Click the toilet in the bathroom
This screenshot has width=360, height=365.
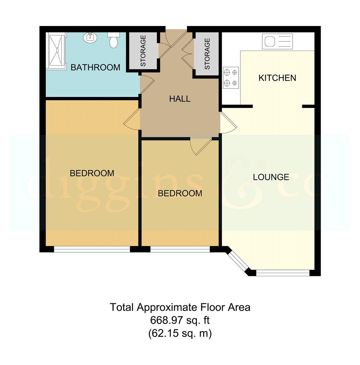(113, 40)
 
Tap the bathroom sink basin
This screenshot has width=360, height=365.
(90, 37)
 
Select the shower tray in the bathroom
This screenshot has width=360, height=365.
(55, 50)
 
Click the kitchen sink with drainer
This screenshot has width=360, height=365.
(277, 41)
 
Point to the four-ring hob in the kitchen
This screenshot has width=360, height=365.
(231, 78)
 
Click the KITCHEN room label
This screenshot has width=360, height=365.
(277, 78)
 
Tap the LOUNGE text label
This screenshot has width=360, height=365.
(271, 177)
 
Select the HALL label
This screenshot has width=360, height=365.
(180, 99)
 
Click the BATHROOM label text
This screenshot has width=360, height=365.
(96, 67)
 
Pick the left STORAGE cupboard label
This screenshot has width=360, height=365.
(143, 51)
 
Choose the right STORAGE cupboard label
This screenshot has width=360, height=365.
(207, 54)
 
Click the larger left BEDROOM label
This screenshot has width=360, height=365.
(92, 174)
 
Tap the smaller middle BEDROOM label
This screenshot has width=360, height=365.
(180, 194)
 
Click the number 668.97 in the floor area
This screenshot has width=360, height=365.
(166, 320)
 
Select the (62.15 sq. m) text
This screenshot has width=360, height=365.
(180, 333)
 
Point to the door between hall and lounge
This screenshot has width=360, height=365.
(229, 123)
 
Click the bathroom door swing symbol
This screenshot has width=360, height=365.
(147, 84)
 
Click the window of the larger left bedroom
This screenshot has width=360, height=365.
(92, 249)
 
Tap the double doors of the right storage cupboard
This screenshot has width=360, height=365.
(188, 53)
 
